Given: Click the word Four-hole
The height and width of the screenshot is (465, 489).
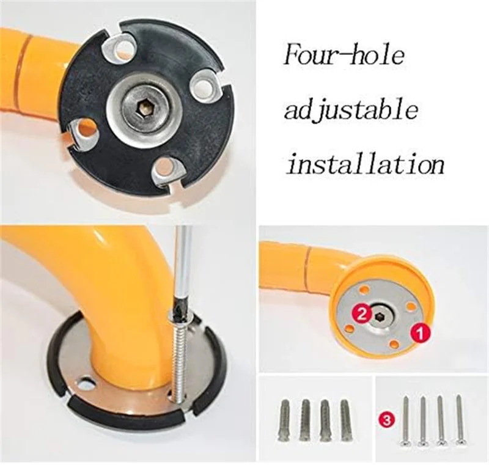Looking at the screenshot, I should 344,56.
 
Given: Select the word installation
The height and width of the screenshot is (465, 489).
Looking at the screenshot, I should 365,164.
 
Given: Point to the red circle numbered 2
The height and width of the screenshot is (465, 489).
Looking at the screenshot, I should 362,314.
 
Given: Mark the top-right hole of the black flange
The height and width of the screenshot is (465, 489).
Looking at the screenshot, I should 202,85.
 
